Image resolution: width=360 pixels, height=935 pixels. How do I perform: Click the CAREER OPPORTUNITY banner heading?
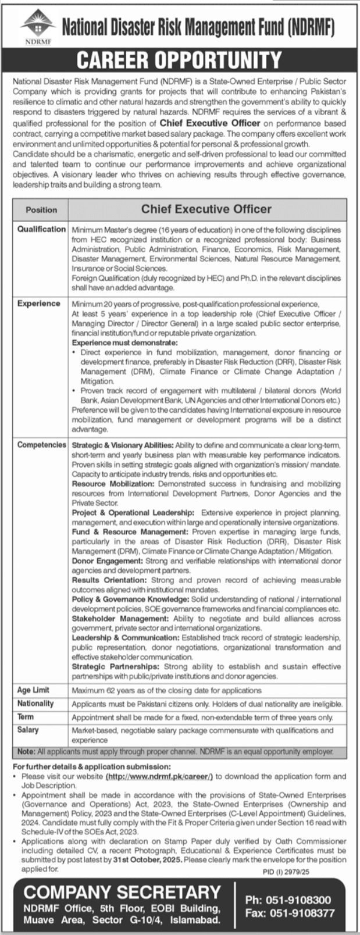pos(179,60)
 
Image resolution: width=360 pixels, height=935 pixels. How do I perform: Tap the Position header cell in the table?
pos(41,209)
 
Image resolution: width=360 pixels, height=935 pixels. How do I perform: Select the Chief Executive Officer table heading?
pos(206,209)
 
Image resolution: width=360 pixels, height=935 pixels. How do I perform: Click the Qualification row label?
pos(41,229)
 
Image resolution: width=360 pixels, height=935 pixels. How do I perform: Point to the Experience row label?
pos(39,304)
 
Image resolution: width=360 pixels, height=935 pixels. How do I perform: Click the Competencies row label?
pos(41,445)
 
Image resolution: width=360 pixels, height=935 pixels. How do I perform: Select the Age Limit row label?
pos(33,690)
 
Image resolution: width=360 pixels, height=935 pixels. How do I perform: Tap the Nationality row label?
pos(35,704)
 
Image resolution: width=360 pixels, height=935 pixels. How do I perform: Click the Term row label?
pos(26,717)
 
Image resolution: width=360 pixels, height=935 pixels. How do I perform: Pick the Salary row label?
pos(28,730)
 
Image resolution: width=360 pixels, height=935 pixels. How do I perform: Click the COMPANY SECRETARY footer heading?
pos(122,893)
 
